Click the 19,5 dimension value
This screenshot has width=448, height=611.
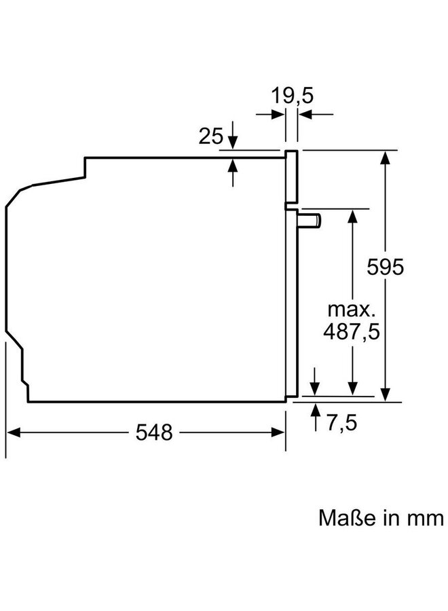pyautogui.click(x=292, y=96)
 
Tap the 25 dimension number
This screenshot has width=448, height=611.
pyautogui.click(x=210, y=136)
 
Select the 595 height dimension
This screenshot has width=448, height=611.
pyautogui.click(x=386, y=267)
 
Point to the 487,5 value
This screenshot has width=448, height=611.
pyautogui.click(x=352, y=332)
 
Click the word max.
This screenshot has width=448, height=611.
pyautogui.click(x=352, y=310)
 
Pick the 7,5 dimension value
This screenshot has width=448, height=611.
pyautogui.click(x=341, y=423)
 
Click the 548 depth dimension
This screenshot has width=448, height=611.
pyautogui.click(x=154, y=432)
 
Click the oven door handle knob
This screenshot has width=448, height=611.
pyautogui.click(x=310, y=220)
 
